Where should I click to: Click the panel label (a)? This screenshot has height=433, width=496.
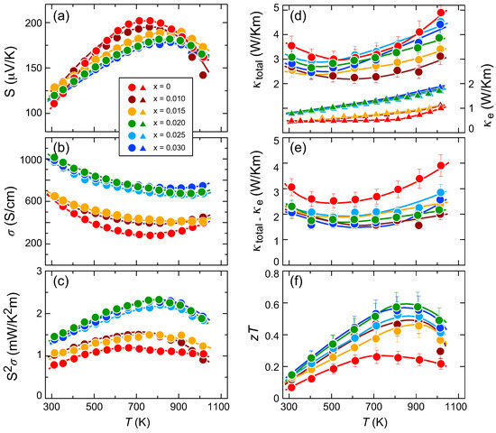click(x=60, y=15)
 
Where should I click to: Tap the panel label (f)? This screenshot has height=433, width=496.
click(x=298, y=281)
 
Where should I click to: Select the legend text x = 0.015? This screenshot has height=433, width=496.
click(x=170, y=111)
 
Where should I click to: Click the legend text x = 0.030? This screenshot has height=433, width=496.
click(x=170, y=148)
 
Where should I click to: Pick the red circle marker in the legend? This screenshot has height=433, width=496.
click(x=133, y=87)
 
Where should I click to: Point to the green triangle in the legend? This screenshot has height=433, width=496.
click(x=142, y=124)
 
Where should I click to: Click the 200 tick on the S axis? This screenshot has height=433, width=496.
click(x=33, y=23)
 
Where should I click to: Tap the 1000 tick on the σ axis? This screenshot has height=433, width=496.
click(x=31, y=160)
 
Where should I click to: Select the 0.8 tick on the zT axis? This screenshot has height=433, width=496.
click(x=272, y=274)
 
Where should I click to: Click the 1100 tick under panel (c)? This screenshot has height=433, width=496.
click(x=218, y=406)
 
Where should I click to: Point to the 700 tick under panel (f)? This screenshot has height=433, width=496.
click(x=374, y=406)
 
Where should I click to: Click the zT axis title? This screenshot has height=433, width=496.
click(x=255, y=334)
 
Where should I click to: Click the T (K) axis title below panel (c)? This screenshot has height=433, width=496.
click(x=137, y=422)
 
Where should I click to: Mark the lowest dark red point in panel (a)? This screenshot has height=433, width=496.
click(x=203, y=76)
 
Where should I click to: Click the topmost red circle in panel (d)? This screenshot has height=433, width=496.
click(x=441, y=13)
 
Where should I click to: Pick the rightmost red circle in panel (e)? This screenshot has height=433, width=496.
click(x=441, y=166)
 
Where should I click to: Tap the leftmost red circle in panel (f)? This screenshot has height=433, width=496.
click(x=291, y=387)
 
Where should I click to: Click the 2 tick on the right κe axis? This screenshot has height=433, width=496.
click(x=472, y=84)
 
